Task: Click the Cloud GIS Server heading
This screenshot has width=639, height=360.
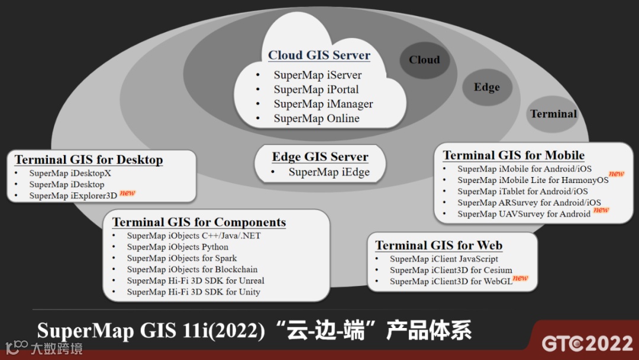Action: pos(319,56)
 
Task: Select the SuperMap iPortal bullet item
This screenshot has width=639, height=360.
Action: pos(316,89)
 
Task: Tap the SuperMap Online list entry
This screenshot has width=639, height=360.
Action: pos(316,118)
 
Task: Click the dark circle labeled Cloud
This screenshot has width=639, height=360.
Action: pos(424,60)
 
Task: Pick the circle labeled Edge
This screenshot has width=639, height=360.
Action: pos(486,88)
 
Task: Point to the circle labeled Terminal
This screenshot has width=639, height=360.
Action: pos(553,114)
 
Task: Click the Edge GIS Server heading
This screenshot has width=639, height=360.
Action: pos(320,157)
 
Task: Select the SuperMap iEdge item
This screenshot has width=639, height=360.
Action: pos(329,172)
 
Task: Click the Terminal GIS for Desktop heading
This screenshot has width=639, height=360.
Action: pos(89,160)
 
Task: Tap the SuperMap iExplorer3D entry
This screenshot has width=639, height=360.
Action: pos(73,195)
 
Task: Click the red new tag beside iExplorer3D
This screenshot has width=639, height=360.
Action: pos(127,192)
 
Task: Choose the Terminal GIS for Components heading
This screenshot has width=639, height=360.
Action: pos(199,223)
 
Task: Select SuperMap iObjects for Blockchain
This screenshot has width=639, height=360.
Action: pos(192,269)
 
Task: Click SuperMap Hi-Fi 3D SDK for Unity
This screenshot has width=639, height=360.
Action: pos(193,292)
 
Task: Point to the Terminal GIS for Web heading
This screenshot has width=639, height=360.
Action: pos(438,246)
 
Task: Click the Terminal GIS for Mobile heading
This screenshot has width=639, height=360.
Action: pos(514,156)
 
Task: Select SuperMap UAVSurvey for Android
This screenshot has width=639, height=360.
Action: pos(524,214)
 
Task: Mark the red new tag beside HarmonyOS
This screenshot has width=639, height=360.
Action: pos(617,173)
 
